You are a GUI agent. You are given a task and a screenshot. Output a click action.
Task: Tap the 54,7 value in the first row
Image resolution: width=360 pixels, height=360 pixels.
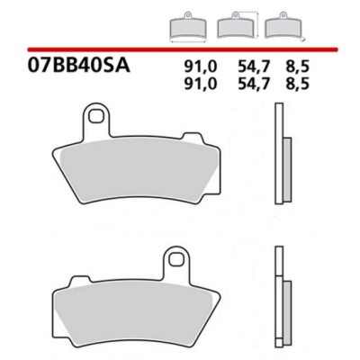click(x=238, y=65)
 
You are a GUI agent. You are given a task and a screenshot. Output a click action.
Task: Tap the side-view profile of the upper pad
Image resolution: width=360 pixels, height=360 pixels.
click(x=280, y=153)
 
